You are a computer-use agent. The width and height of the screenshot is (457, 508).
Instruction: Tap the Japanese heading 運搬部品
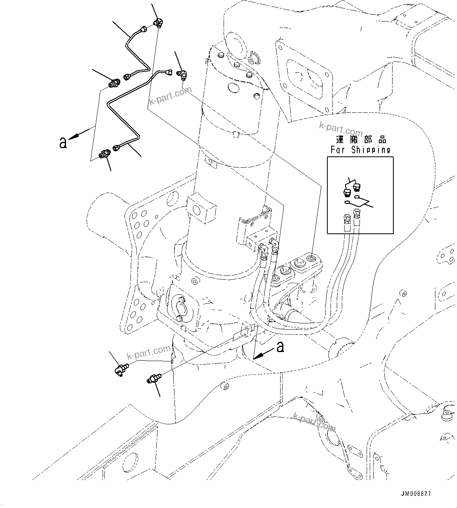click(x=361, y=140)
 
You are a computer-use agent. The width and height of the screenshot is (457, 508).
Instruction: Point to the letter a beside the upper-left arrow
click(x=63, y=143)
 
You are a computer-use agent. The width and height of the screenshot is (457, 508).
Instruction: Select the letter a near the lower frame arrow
click(x=280, y=347)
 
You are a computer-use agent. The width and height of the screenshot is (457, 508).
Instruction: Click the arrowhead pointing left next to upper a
click(x=73, y=137)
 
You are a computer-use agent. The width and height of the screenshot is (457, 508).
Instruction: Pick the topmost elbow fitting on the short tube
click(x=158, y=23)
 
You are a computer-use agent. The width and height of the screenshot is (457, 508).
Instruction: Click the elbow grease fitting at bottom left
click(x=120, y=369)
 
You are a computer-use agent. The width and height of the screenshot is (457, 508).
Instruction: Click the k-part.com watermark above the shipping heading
click(x=341, y=128)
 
